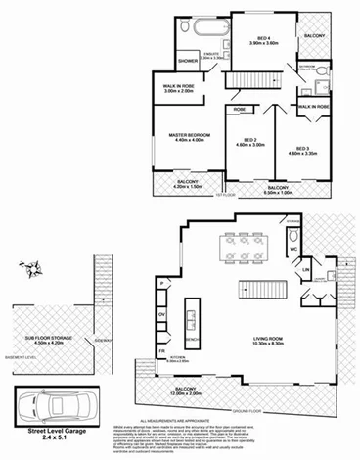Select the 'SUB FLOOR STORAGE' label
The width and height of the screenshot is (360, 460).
coord(44,340)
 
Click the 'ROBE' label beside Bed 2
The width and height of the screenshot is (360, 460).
coord(240,110)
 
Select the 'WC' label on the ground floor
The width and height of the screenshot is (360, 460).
coord(292,249)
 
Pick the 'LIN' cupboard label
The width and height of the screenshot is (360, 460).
coord(305,269)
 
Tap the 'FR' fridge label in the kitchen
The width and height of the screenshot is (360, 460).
coord(162,350)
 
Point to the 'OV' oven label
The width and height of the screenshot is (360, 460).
coord(162,312)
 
